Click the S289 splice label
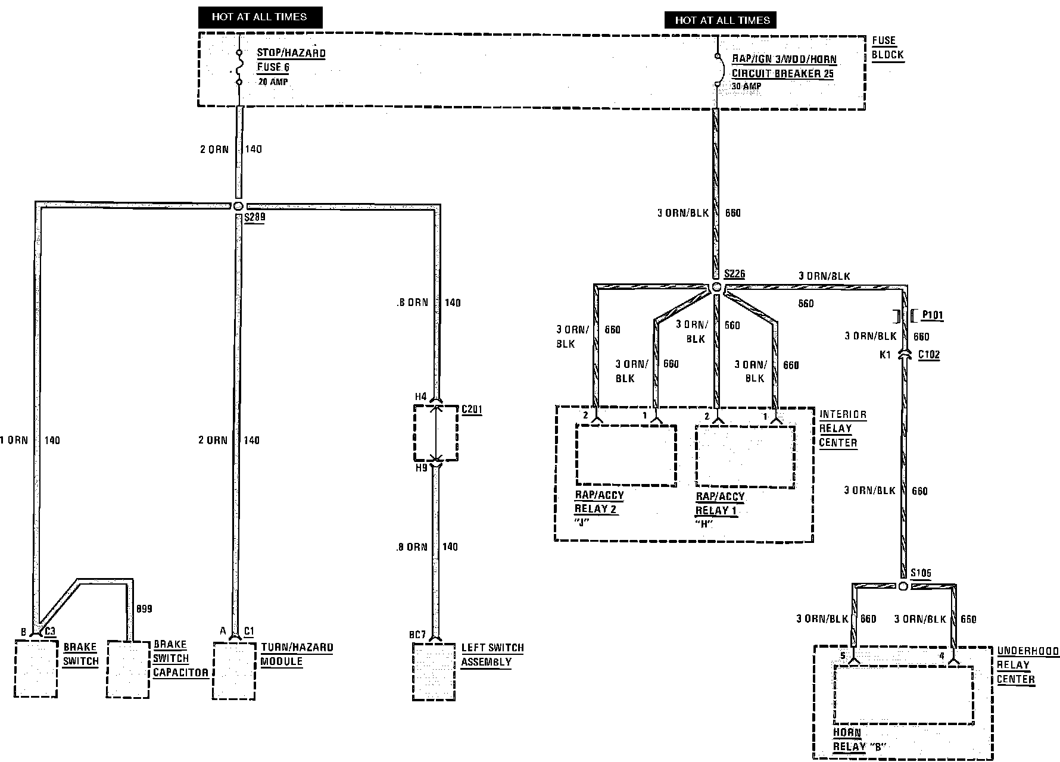tap(254, 217)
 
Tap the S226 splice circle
tap(717, 288)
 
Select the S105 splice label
tap(921, 573)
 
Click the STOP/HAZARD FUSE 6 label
tap(291, 60)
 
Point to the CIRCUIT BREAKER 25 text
tap(782, 74)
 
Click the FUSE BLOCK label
tap(887, 48)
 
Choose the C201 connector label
tap(472, 410)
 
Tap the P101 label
tap(932, 316)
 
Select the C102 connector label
tap(928, 355)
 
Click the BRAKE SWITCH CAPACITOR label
tap(180, 658)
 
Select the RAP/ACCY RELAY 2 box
tap(626, 455)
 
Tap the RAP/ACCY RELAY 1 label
tap(720, 504)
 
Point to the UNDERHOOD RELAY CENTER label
tap(1027, 665)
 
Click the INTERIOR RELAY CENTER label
tap(842, 429)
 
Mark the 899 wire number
tap(144, 609)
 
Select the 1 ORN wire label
tap(14, 441)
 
